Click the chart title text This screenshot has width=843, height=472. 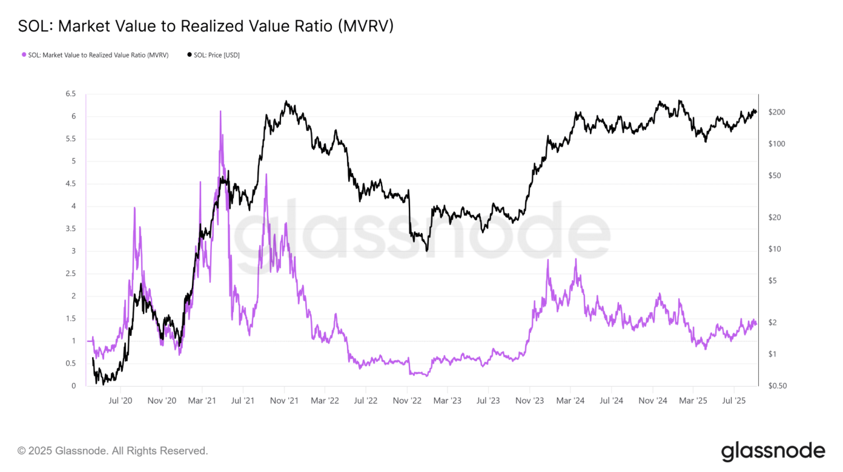point(205,27)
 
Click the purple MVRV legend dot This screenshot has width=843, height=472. point(24,55)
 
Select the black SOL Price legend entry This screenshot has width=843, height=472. point(213,55)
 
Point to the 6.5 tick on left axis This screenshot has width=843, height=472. point(70,94)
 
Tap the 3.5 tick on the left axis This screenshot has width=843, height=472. point(70,229)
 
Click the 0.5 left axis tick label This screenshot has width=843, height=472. point(70,364)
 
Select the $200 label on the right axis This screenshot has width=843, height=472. point(776,113)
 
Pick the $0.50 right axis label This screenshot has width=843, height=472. point(778,386)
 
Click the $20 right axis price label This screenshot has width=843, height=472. point(775,217)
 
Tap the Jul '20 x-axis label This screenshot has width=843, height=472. point(121,401)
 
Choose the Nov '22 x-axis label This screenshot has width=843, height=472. point(407,401)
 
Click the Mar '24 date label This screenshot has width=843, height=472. point(570,401)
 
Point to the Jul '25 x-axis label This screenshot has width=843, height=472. point(734,401)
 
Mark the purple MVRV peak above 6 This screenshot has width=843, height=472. point(220,112)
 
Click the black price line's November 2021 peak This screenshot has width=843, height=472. point(286,102)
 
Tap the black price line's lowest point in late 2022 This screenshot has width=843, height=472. point(427,251)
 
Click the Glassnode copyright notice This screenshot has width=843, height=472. point(113,451)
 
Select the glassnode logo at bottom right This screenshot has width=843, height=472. point(773,451)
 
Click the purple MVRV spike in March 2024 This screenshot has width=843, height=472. point(575,260)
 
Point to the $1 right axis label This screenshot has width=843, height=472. point(773,354)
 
